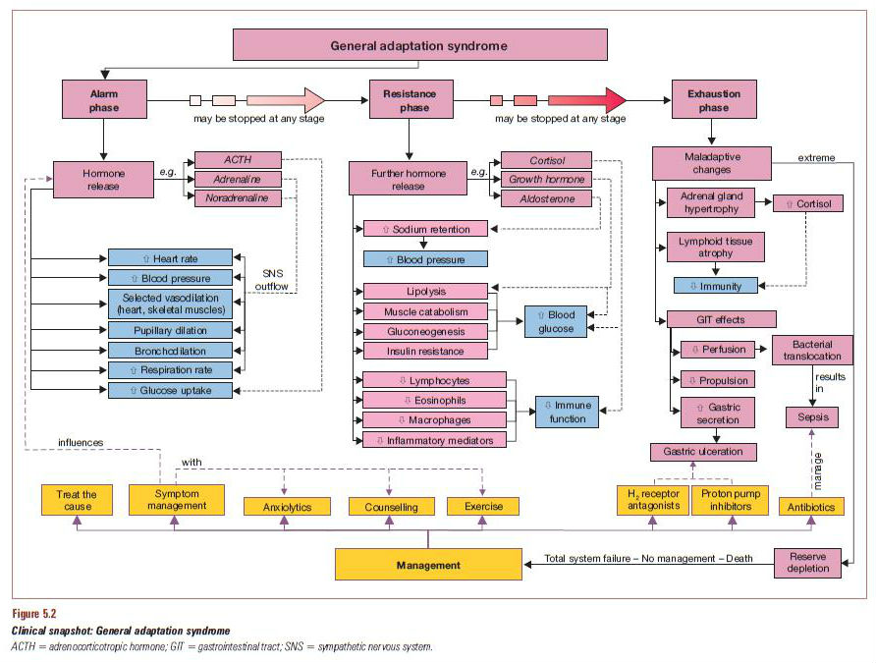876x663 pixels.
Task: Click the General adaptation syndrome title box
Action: [418, 45]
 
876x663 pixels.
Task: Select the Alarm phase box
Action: [104, 100]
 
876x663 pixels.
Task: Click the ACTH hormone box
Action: [238, 159]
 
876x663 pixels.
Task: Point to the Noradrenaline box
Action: [238, 198]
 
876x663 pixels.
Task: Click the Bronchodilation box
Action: [170, 350]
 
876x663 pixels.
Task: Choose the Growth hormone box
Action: [546, 180]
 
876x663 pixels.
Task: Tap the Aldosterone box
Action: [546, 199]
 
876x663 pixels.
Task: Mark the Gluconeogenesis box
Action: [425, 331]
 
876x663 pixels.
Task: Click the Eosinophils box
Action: [434, 400]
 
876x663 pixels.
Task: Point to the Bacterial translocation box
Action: [813, 351]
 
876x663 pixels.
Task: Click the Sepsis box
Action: [812, 417]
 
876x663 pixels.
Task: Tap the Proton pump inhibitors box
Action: [729, 499]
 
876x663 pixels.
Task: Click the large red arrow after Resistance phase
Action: [586, 100]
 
